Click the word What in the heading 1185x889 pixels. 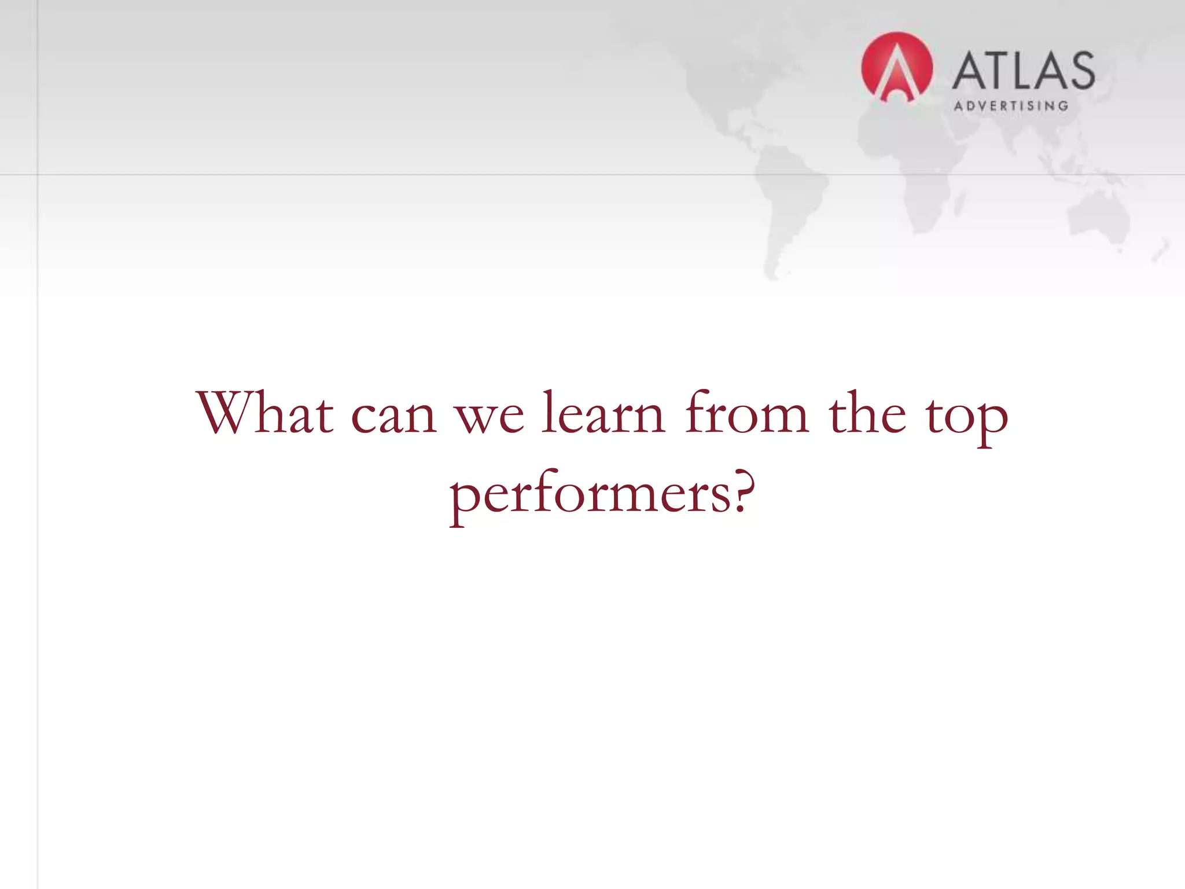pyautogui.click(x=265, y=413)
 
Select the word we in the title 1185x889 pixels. pyautogui.click(x=491, y=418)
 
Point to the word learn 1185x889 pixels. pyautogui.click(x=603, y=413)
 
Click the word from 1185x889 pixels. pyautogui.click(x=746, y=413)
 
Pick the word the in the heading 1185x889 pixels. pyautogui.click(x=867, y=413)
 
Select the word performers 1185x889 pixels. pyautogui.click(x=590, y=495)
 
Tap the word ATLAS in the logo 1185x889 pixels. pyautogui.click(x=1023, y=71)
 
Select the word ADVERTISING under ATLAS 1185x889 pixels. pyautogui.click(x=1011, y=106)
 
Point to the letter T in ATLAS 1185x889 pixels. pyautogui.click(x=998, y=71)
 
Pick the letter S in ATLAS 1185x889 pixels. pyautogui.click(x=1080, y=71)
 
